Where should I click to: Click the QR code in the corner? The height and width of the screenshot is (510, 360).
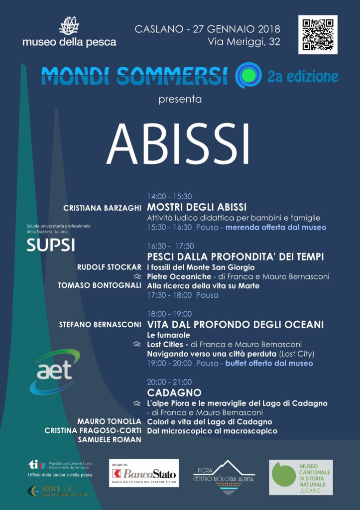click(x=318, y=35)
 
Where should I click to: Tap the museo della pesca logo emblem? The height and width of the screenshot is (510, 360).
click(x=69, y=25)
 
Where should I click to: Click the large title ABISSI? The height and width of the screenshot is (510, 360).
click(x=178, y=144)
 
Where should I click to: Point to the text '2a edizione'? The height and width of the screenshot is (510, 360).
click(x=302, y=76)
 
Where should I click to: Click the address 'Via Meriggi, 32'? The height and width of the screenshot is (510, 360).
click(x=244, y=42)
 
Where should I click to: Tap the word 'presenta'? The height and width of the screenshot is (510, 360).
click(x=180, y=99)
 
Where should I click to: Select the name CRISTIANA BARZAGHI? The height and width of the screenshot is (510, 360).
click(x=103, y=208)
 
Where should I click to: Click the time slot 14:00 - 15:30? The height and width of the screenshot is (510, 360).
click(x=169, y=196)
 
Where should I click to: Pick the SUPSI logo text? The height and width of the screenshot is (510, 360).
click(x=50, y=245)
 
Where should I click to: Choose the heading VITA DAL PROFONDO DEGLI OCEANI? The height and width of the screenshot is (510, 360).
click(x=236, y=325)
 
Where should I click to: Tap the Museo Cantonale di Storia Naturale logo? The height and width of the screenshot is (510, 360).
click(x=301, y=477)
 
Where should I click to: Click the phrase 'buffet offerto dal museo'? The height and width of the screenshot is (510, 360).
click(x=269, y=364)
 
